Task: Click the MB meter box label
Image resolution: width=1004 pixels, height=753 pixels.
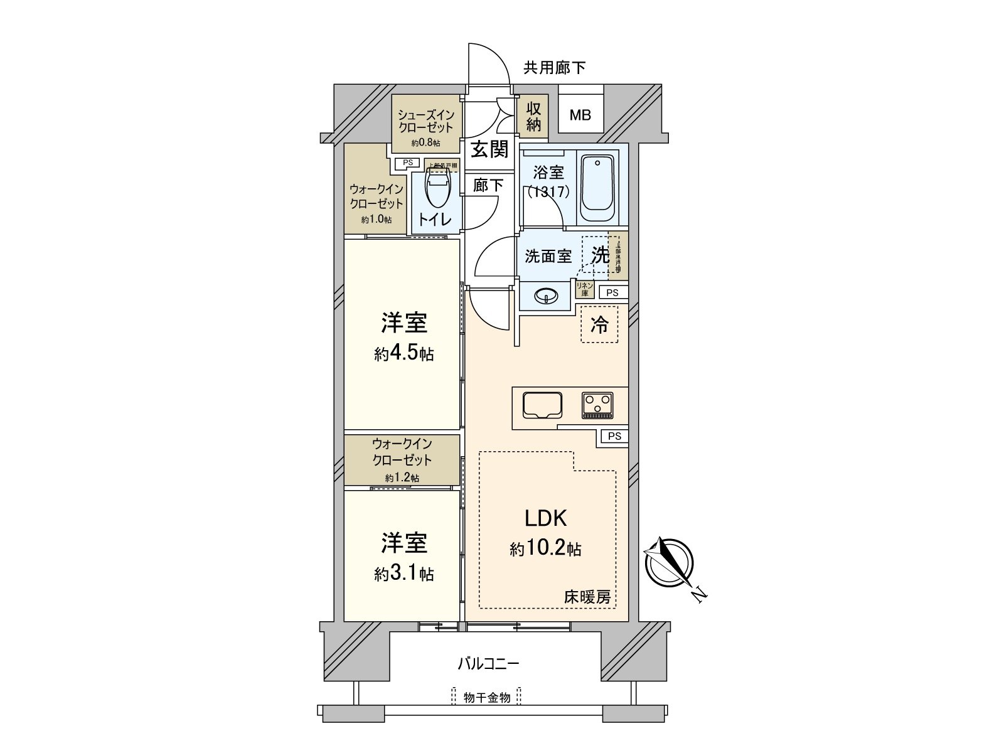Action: tap(580, 115)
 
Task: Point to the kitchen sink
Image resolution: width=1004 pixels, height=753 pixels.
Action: tap(541, 405)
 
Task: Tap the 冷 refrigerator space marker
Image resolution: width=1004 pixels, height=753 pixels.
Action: tap(599, 324)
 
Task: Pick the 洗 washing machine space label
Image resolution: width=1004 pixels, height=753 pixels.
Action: tap(601, 255)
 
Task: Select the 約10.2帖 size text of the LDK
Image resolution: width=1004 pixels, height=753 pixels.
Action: tap(545, 550)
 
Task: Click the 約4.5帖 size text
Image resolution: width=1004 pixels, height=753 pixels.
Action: tap(403, 354)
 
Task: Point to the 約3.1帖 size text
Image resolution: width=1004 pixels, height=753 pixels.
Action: tap(403, 574)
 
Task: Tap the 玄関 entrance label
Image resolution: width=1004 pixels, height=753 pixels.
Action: tap(489, 149)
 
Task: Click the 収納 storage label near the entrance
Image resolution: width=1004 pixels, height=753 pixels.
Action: tap(533, 117)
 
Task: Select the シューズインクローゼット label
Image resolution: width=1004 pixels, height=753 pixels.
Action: tap(425, 121)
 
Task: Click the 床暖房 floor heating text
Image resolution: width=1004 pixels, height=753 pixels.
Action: tap(587, 597)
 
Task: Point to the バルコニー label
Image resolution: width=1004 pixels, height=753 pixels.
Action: tap(488, 663)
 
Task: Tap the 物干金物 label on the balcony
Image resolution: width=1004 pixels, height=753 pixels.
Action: tap(487, 697)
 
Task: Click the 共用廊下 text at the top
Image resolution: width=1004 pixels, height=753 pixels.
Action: tap(555, 68)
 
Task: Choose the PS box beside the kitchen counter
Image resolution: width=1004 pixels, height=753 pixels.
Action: tap(614, 436)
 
